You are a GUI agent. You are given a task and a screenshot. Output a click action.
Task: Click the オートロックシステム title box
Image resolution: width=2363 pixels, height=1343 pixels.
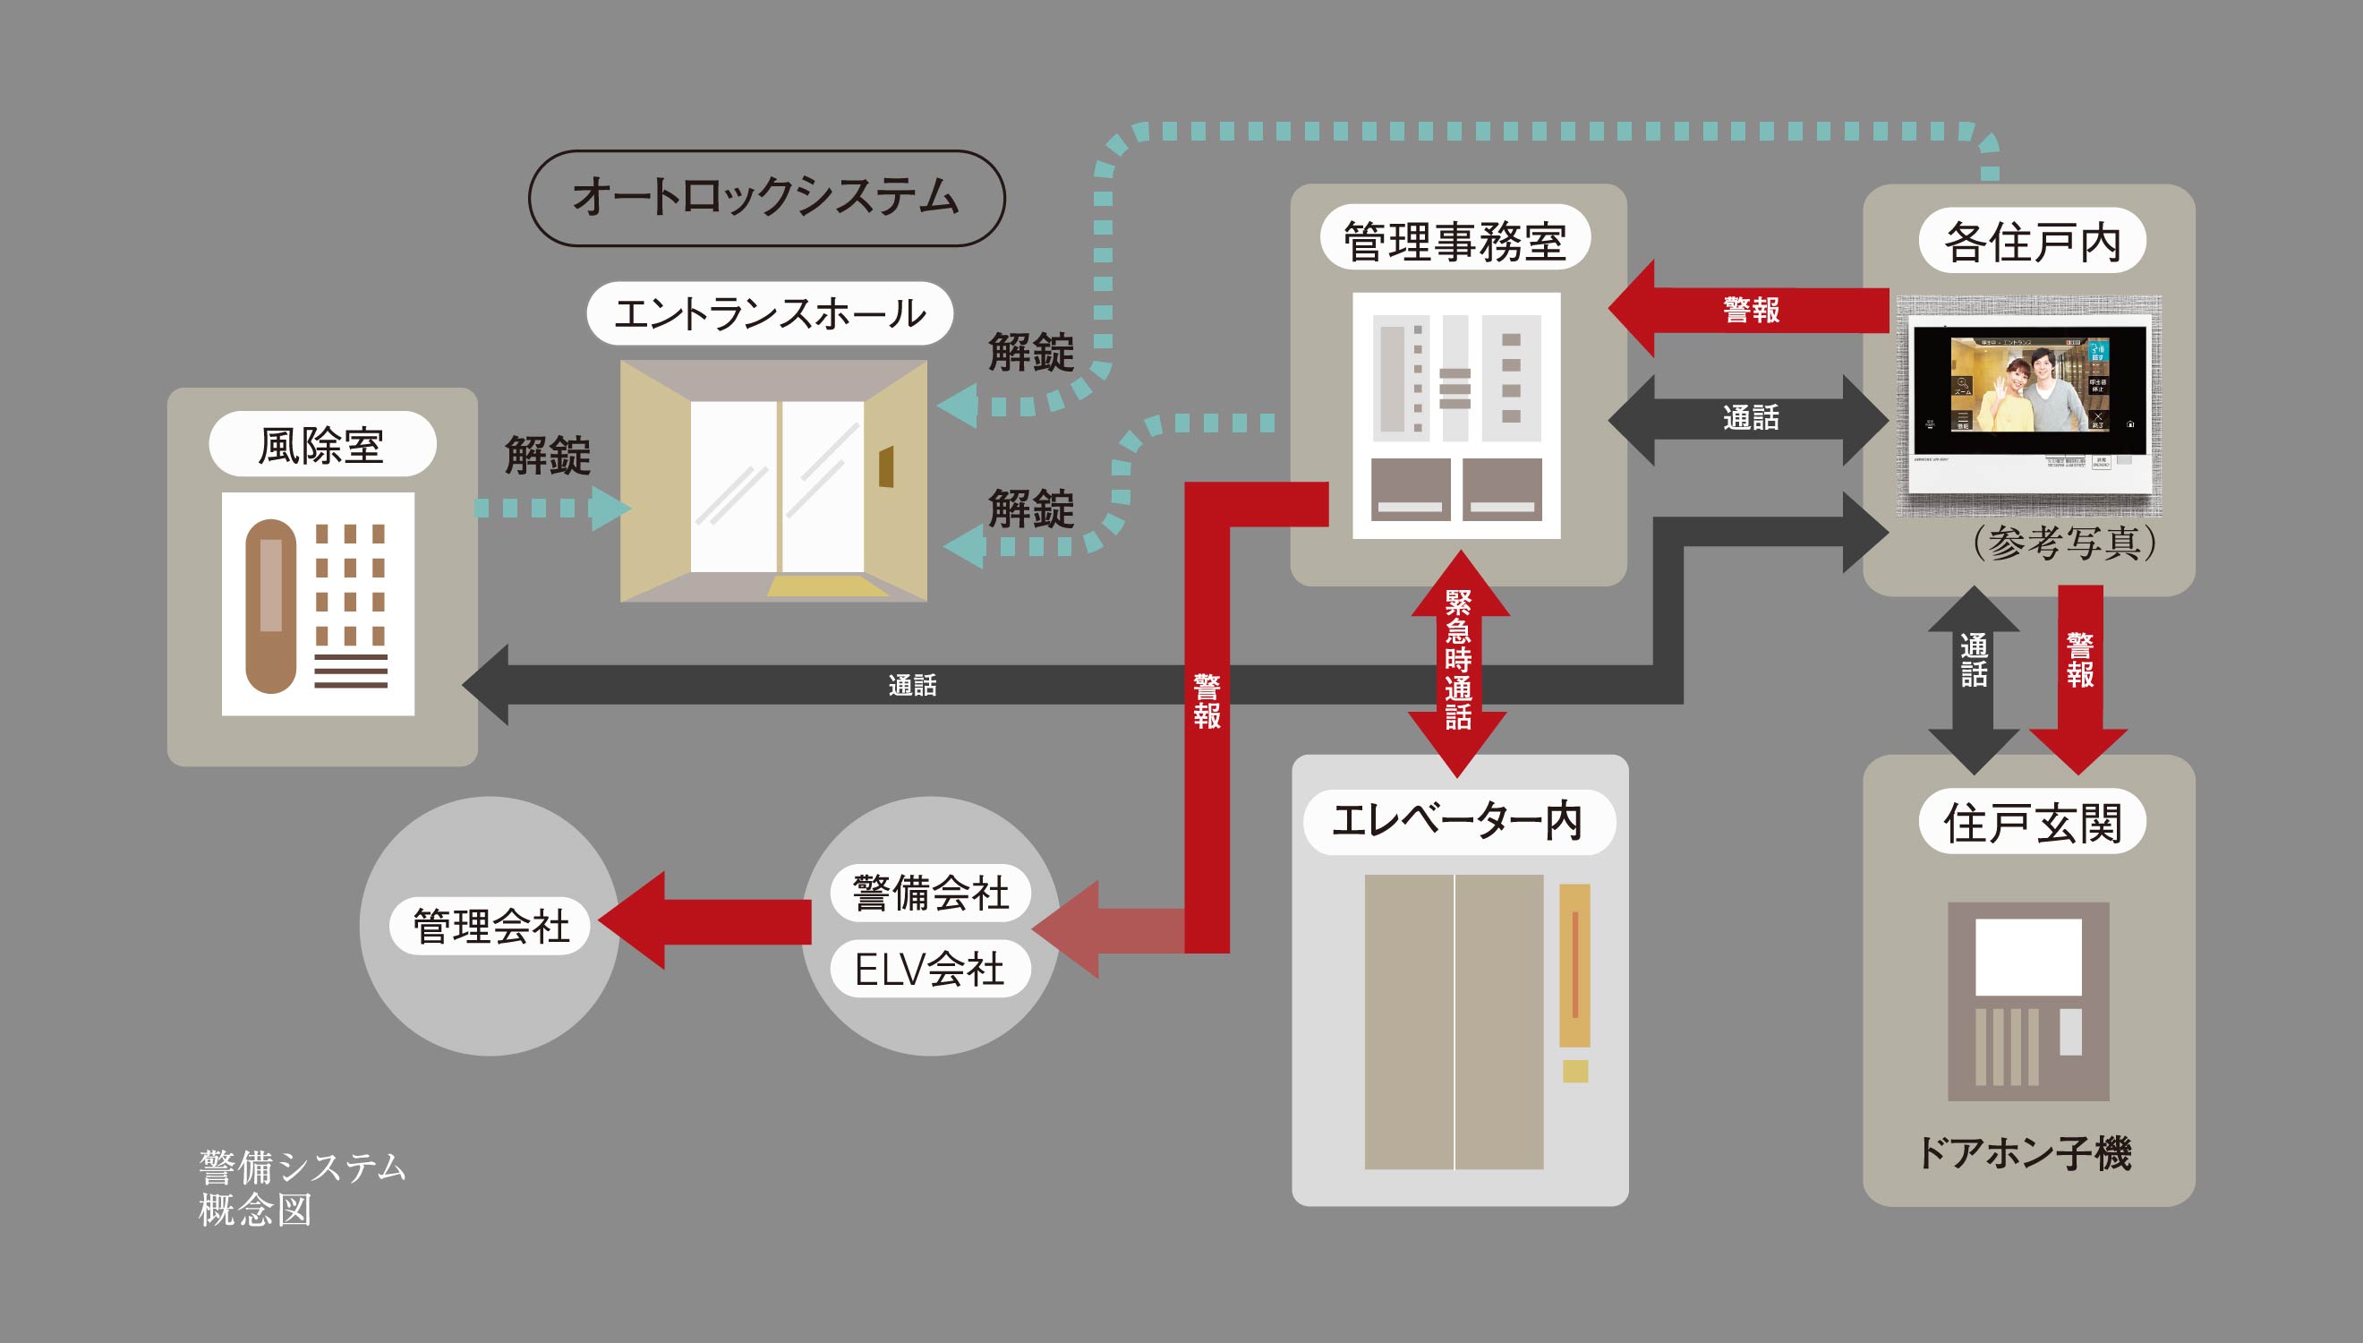766,197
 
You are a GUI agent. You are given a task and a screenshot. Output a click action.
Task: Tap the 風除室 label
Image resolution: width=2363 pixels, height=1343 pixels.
321,445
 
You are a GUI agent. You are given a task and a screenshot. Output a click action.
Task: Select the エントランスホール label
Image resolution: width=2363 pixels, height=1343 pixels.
769,313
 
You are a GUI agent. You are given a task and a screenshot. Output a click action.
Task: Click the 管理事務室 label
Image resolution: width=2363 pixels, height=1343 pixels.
1454,239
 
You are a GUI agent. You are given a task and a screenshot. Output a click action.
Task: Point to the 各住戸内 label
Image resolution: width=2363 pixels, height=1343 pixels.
2032,241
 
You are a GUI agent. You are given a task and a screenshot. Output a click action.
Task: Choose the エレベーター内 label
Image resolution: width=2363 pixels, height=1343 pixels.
1457,821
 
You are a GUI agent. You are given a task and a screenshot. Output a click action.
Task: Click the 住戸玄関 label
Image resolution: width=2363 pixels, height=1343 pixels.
2032,822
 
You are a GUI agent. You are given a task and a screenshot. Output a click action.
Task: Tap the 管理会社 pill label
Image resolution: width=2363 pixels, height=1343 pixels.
490,926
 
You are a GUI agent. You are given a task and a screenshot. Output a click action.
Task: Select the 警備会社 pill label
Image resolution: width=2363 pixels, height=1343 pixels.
930,892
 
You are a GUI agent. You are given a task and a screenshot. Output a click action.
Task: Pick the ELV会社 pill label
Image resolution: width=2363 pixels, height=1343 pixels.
929,969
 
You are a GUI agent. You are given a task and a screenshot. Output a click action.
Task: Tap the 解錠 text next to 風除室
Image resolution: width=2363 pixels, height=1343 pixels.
548,456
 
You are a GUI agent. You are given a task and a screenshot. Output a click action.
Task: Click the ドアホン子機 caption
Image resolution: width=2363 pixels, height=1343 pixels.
2026,1153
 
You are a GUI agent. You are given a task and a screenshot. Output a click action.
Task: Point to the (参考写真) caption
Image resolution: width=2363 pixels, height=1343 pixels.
2063,543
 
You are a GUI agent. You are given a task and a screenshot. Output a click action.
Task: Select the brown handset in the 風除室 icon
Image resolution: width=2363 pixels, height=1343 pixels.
271,606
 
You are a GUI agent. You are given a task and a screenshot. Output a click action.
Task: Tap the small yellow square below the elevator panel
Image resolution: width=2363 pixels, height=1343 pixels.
1574,1071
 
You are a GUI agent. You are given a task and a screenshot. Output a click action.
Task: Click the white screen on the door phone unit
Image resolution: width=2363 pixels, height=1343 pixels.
2027,956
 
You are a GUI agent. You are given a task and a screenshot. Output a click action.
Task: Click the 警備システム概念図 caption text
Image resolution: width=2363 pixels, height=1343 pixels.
301,1188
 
